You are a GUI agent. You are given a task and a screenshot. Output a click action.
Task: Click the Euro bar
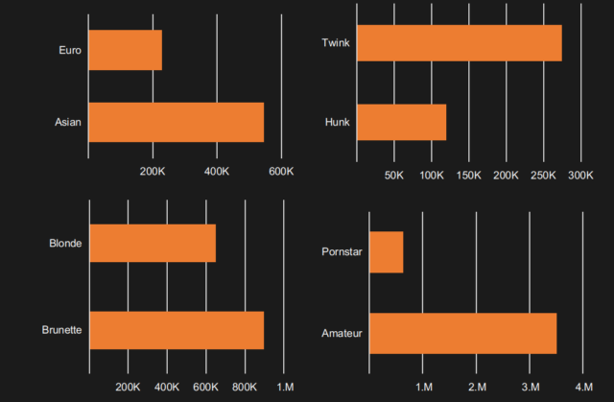125,50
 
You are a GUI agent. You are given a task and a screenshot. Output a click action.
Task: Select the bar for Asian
176,122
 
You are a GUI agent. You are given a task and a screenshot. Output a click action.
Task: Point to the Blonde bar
152,244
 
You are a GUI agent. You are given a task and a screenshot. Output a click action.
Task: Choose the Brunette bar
176,330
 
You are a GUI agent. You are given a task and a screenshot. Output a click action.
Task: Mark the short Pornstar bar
386,252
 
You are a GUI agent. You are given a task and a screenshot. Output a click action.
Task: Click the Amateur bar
462,333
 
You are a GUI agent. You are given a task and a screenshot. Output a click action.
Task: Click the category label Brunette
61,330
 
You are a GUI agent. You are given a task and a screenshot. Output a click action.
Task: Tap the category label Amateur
342,333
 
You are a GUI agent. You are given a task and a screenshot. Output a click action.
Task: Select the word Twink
336,43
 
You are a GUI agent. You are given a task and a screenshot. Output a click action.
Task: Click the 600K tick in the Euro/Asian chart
281,172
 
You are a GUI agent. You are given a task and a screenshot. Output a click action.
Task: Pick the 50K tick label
393,177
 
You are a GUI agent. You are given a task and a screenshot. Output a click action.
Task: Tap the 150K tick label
468,177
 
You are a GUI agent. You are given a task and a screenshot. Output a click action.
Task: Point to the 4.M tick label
583,387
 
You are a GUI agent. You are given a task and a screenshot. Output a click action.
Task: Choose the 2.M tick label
477,387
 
